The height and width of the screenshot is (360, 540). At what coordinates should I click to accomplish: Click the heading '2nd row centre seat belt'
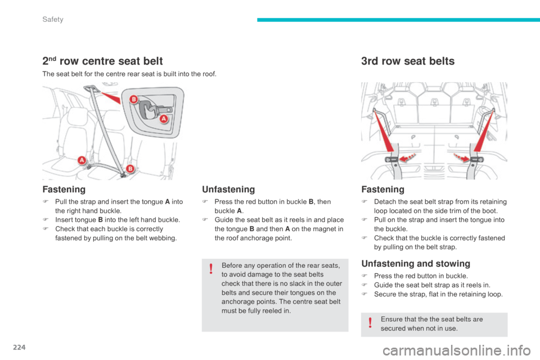click(102, 61)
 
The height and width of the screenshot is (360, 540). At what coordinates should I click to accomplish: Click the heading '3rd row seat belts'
click(407, 61)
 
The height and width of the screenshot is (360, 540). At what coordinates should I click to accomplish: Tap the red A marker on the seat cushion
click(82, 160)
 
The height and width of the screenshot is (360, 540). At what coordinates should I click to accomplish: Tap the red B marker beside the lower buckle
click(129, 168)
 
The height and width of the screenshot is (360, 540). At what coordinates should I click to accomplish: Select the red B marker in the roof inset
click(134, 100)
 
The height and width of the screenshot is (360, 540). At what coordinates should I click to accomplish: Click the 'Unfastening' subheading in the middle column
click(228, 190)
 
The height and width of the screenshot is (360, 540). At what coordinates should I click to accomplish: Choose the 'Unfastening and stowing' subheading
click(415, 263)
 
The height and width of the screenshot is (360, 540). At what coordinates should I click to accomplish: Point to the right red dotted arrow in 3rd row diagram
click(457, 158)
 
